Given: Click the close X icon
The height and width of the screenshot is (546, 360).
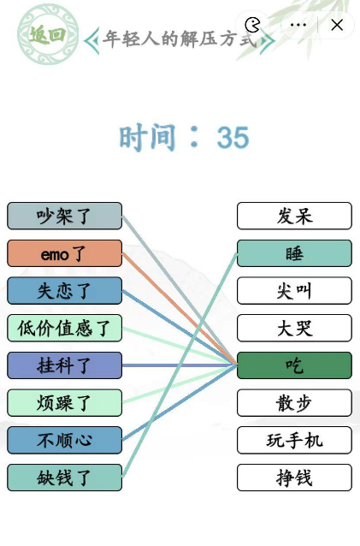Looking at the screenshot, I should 337,25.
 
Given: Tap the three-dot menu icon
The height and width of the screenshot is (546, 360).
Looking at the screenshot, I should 298,25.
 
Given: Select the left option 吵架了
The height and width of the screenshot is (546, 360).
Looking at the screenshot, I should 64,216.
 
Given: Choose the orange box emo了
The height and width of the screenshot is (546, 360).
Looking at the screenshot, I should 64,253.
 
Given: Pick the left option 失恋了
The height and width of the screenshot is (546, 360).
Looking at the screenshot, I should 64,290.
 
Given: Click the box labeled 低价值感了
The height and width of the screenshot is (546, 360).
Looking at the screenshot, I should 64,328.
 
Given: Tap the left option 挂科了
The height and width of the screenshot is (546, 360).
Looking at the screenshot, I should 64,365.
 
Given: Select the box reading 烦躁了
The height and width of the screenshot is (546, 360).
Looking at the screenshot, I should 64,402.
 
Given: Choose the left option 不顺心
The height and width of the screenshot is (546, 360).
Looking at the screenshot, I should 64,440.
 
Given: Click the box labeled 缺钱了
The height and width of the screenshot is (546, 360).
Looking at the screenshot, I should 64,478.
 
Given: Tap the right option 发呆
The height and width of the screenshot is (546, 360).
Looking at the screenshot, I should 294,216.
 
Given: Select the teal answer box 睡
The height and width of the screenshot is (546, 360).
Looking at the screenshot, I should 294,253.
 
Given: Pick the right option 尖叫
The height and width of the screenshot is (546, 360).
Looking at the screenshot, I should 294,290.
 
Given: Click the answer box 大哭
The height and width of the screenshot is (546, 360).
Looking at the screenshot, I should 294,328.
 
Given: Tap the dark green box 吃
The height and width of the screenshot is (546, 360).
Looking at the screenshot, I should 294,365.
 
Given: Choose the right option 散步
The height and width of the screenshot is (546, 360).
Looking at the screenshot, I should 294,402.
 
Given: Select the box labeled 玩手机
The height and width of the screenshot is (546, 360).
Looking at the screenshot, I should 294,440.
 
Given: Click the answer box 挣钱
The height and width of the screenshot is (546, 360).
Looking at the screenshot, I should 294,478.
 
